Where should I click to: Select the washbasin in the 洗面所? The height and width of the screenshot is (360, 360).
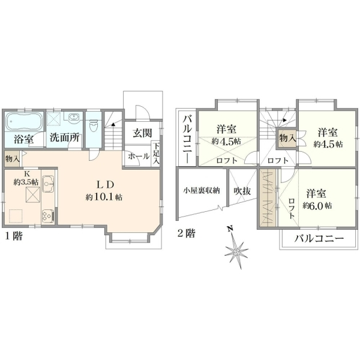tap(73, 117)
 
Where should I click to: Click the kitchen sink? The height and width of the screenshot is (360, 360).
tap(48, 184)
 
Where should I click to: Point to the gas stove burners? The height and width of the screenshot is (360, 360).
tap(48, 215)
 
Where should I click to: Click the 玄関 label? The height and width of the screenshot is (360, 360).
tap(142, 133)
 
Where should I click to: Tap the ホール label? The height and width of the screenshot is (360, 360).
tap(139, 157)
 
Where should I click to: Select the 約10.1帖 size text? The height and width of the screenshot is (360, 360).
tap(104, 197)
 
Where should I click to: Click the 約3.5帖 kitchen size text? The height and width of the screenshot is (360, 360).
tap(26, 182)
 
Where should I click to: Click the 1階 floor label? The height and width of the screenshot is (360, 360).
tap(14, 236)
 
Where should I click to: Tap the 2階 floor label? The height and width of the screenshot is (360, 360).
tap(187, 234)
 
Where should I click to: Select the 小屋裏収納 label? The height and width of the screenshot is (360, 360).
tap(202, 190)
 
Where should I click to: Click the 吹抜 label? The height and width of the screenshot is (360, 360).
tap(242, 191)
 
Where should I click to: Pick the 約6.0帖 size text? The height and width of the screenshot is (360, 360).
tap(317, 205)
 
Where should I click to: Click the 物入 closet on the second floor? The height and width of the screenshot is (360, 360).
tap(286, 139)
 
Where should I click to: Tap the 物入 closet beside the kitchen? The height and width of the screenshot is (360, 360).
tap(13, 158)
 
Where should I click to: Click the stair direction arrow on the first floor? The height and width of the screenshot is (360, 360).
tap(113, 124)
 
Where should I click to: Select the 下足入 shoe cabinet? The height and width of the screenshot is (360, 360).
tap(156, 154)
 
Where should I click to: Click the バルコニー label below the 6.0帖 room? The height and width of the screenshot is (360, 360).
tap(319, 239)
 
